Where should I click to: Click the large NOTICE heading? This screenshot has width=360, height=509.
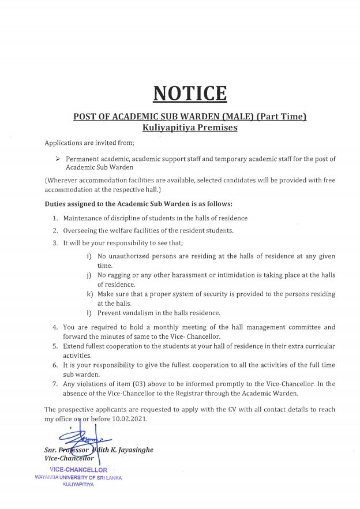point(190,92)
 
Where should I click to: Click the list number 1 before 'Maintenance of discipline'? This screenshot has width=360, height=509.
point(55,218)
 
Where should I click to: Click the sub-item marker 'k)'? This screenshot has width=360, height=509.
point(89,294)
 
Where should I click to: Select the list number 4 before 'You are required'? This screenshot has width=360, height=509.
point(55,327)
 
